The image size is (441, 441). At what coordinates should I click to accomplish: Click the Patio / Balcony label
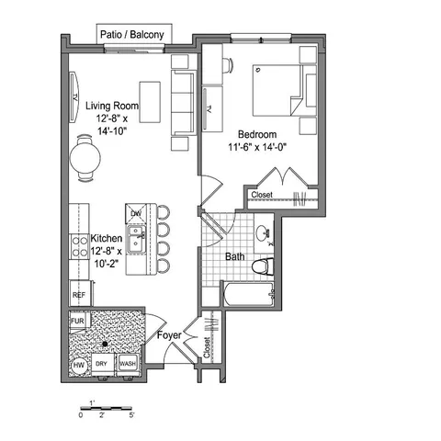pos(132,34)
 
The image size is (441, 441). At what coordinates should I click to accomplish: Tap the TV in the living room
pos(73,97)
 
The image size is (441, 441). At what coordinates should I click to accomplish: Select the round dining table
pos(85,158)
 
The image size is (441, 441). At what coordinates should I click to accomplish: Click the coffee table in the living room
pos(150,102)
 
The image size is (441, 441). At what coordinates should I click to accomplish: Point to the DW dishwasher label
pos(136,213)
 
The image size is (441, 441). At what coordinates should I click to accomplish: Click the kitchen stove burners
pos(79,247)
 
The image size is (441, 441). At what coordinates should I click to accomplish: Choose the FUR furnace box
pos(78,321)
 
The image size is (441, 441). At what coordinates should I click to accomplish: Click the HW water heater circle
pos(79,365)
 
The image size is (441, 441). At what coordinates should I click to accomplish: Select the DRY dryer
pos(102,364)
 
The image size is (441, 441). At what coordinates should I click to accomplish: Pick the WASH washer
pos(128,364)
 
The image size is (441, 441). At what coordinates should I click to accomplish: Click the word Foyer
pos(169,335)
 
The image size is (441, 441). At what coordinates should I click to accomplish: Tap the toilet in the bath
pos(263,266)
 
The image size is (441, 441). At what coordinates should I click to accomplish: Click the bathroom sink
pos(262,232)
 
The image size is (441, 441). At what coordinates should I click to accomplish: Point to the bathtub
pos(248,294)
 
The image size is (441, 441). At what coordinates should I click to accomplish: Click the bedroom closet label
pos(262,195)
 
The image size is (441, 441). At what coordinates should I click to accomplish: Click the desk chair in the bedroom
pos(228,65)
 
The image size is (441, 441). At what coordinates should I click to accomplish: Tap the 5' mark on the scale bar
pos(131,415)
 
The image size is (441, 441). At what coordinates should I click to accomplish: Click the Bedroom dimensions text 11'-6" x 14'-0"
pos(257,147)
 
